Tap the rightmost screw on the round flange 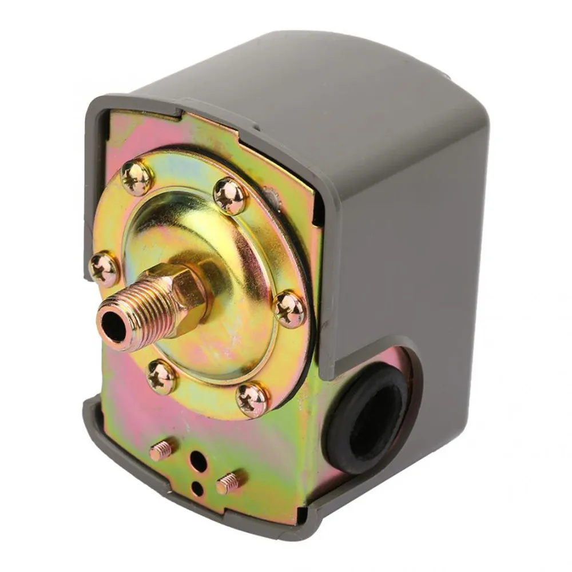[290, 309]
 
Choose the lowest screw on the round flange [252, 398]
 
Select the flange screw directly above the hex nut [231, 196]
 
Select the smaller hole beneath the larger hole [196, 488]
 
